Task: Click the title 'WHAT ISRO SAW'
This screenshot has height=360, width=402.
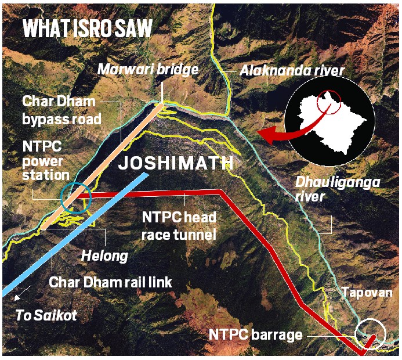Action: (x=87, y=30)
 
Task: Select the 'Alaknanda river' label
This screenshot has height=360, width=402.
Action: (x=293, y=71)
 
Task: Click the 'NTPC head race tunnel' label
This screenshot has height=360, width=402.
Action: (x=179, y=226)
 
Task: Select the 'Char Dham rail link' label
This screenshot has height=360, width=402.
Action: (x=111, y=283)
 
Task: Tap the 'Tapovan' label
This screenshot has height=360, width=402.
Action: (x=366, y=293)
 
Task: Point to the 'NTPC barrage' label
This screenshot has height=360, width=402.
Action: (x=256, y=335)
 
